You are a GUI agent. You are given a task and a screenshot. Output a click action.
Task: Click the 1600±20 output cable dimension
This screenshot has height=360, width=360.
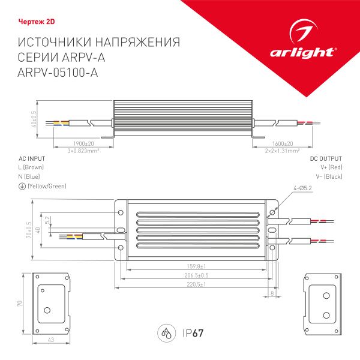tap(281, 144)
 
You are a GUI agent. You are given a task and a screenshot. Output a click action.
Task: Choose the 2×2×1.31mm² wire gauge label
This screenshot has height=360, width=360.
tap(282, 151)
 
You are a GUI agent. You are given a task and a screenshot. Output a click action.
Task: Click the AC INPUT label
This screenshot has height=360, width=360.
tap(31, 158)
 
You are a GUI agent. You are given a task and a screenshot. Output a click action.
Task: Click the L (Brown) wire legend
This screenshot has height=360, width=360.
tap(31, 167)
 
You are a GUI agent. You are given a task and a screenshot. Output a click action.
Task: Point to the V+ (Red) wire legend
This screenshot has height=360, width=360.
tap(331, 167)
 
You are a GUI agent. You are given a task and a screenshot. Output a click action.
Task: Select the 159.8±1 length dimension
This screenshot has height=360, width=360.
tap(197, 266)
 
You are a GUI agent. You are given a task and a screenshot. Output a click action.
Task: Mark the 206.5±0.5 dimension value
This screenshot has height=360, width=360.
tap(197, 275)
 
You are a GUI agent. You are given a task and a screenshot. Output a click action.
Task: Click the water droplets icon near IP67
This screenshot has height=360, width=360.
tap(166, 332)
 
